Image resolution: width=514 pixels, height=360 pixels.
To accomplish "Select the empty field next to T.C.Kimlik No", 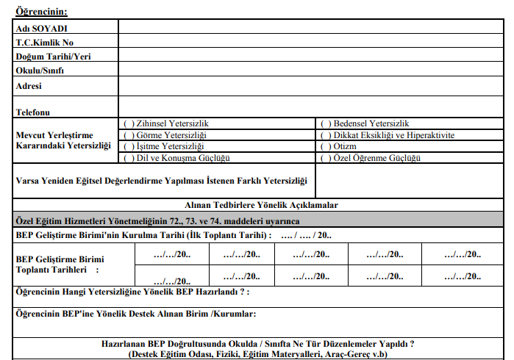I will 309,42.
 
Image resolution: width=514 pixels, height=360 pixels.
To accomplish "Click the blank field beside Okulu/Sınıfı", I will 309,70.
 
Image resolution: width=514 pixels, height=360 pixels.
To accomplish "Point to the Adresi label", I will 29,85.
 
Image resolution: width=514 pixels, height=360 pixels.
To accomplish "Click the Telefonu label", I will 32,112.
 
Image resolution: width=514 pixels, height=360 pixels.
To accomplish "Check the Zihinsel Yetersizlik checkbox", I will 128,123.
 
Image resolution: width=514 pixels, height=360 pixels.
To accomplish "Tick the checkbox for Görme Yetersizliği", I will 128,135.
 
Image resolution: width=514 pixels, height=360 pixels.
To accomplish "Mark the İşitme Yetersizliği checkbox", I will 128,146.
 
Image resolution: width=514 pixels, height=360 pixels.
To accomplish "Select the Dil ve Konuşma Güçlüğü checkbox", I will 128,158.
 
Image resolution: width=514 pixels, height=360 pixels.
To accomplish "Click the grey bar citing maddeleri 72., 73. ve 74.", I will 157,220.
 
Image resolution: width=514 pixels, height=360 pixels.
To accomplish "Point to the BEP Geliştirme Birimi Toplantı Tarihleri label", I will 60,264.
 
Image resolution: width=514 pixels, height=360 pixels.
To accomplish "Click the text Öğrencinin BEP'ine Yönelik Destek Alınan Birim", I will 135,314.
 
